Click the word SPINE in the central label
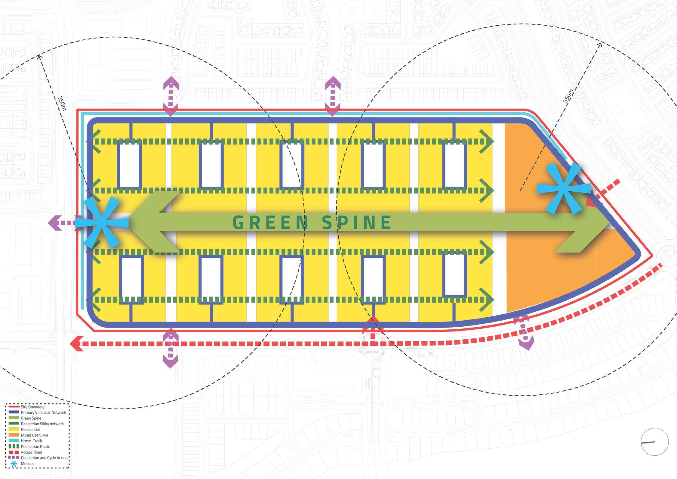coord(357,223)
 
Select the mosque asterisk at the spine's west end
coord(102,223)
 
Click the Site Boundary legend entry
coord(32,407)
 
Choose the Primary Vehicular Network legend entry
coord(43,412)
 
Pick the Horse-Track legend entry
coord(31,441)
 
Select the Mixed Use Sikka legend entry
coord(34,435)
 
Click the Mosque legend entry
coord(27,464)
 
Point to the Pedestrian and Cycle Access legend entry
coord(45,458)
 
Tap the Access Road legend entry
coord(31,452)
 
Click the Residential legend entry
coord(30,430)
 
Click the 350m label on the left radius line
coord(61,103)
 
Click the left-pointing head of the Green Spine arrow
coord(156,223)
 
